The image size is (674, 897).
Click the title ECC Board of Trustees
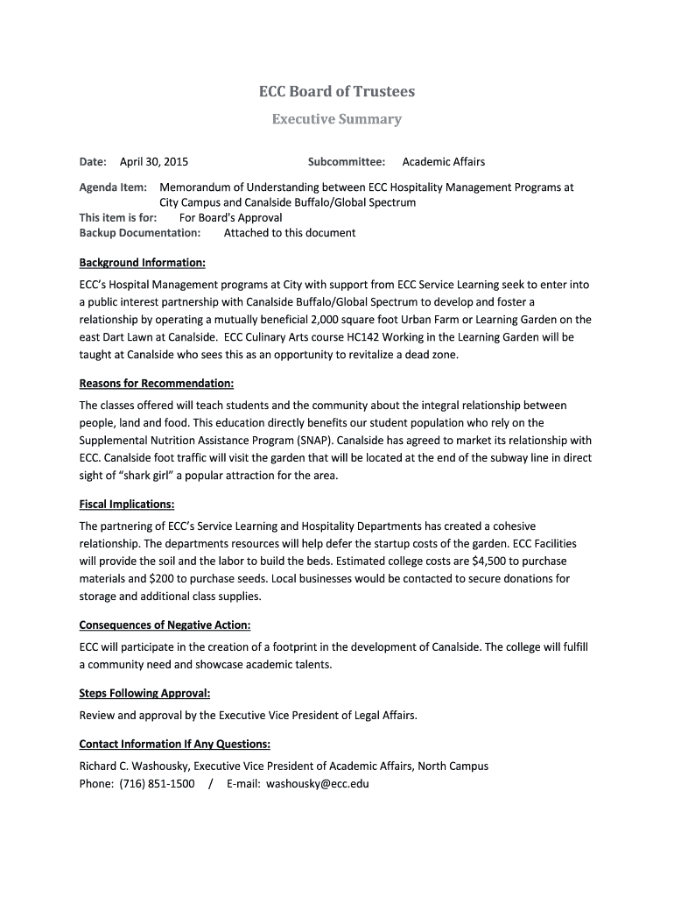click(x=336, y=92)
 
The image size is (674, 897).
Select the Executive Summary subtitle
click(x=336, y=119)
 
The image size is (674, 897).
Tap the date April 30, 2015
click(x=154, y=162)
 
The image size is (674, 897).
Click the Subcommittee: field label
click(x=347, y=162)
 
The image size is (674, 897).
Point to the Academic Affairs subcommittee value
click(x=443, y=162)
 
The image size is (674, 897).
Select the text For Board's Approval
click(x=231, y=218)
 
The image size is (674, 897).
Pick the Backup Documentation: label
click(x=140, y=233)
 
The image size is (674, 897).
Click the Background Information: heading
click(x=143, y=263)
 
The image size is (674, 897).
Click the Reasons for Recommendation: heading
click(x=157, y=384)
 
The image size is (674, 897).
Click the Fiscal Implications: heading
click(x=127, y=505)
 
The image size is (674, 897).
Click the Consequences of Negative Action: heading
click(x=165, y=625)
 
